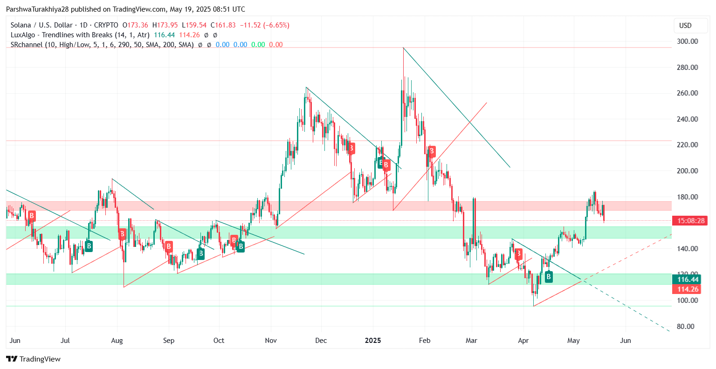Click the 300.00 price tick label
[x=687, y=41]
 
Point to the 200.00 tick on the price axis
[x=687, y=171]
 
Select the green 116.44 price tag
[x=688, y=280]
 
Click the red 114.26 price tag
[x=688, y=289]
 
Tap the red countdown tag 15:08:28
[x=690, y=221]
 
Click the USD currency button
[x=685, y=26]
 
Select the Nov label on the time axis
[x=270, y=341]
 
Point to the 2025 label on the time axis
[x=373, y=341]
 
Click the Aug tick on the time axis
[x=117, y=341]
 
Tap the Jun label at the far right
[x=626, y=341]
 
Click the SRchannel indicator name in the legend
[x=26, y=45]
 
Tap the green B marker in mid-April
[x=549, y=277]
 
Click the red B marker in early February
[x=432, y=151]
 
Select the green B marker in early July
[x=89, y=246]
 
